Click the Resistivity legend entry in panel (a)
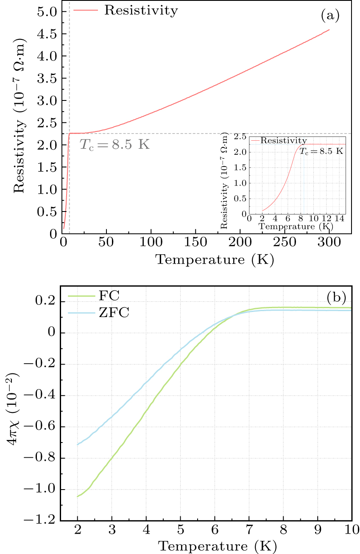point(140,11)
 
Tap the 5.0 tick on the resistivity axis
point(48,11)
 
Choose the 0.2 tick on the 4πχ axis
point(48,302)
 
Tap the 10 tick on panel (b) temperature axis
point(352,530)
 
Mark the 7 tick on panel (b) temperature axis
point(249,530)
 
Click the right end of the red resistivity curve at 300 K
point(329,30)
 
